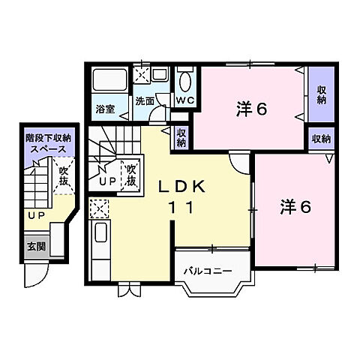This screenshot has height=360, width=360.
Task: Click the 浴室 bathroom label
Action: point(105,109)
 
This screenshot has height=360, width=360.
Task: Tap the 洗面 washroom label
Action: point(144,100)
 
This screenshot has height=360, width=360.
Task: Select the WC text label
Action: point(185,100)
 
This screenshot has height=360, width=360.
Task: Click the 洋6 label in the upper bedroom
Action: point(252,109)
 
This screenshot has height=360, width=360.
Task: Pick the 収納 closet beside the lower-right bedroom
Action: point(322,138)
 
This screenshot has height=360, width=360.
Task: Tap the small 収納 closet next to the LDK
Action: point(181,136)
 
